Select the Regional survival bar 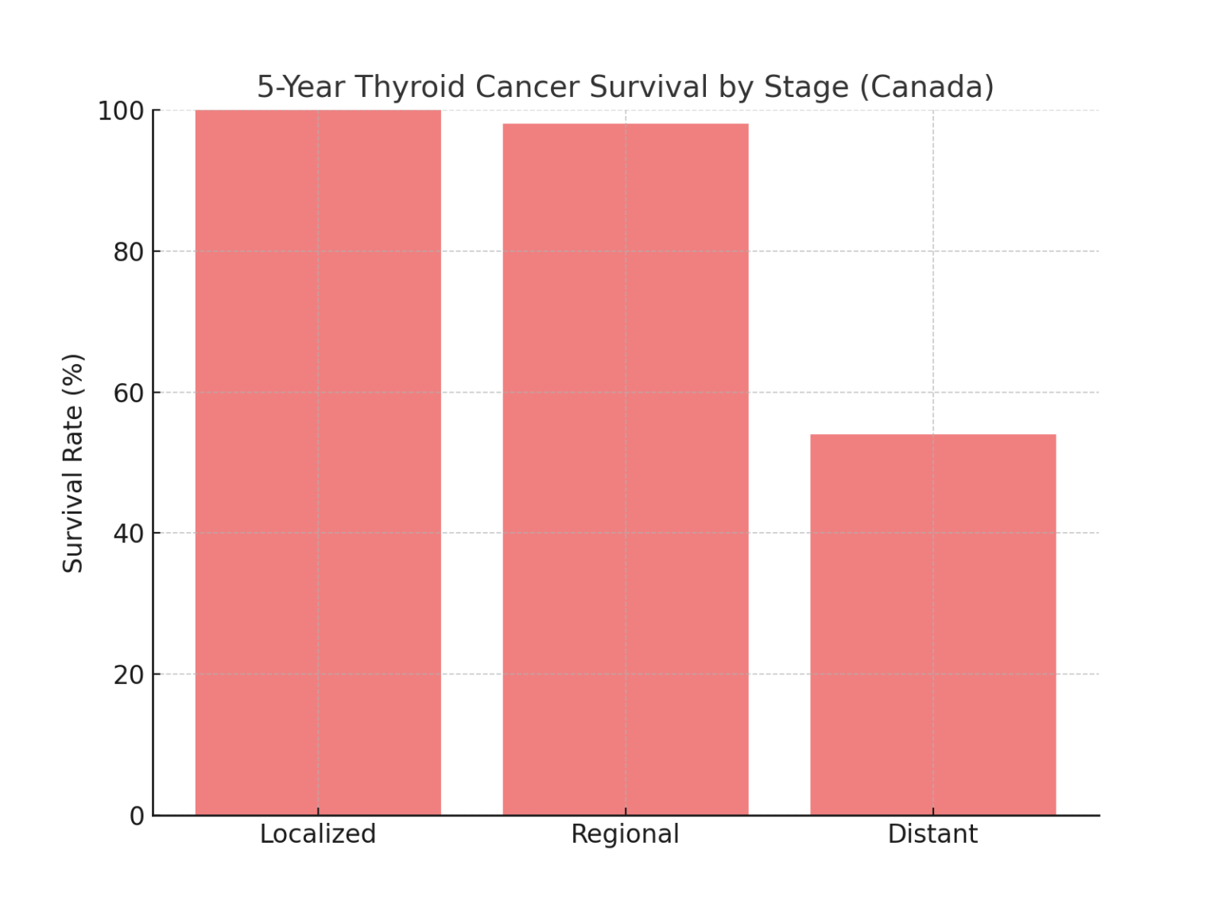point(626,469)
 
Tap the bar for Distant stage point(933,625)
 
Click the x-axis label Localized point(318,834)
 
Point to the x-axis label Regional point(626,834)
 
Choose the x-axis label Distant point(932,834)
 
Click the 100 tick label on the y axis point(121,111)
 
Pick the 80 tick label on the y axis point(129,252)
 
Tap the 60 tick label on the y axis point(129,393)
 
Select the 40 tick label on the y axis point(129,534)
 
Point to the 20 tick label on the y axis point(129,675)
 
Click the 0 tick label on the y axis point(138,816)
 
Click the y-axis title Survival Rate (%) point(73,463)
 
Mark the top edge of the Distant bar point(933,435)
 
